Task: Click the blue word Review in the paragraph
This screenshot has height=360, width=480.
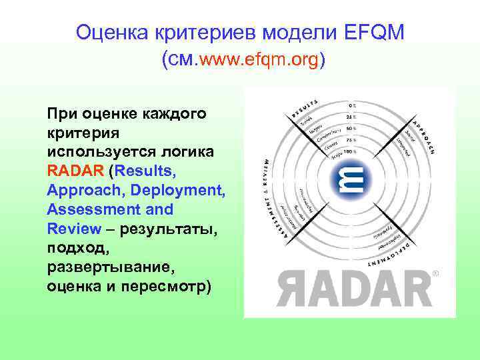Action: click(x=69, y=229)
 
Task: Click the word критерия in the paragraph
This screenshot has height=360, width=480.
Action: click(x=83, y=133)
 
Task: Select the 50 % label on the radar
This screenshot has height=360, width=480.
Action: click(x=351, y=128)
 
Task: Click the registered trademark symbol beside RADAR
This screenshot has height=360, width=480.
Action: click(x=436, y=273)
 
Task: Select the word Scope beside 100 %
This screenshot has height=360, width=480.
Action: click(x=333, y=155)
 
